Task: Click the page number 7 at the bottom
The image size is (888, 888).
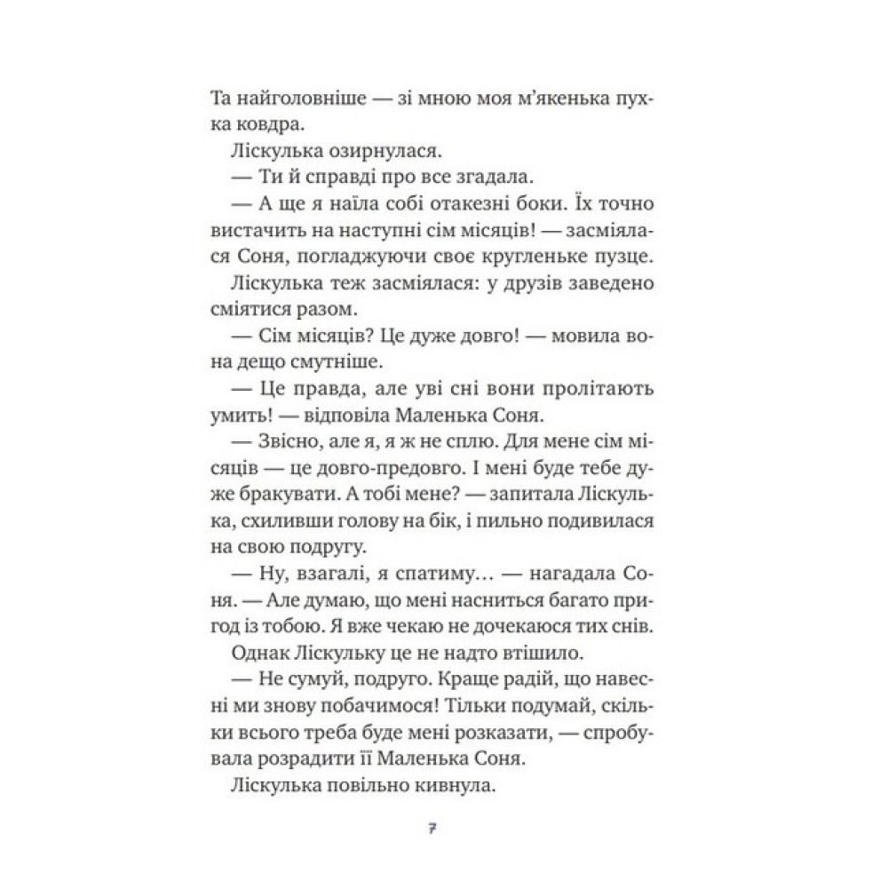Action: coord(431,829)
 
